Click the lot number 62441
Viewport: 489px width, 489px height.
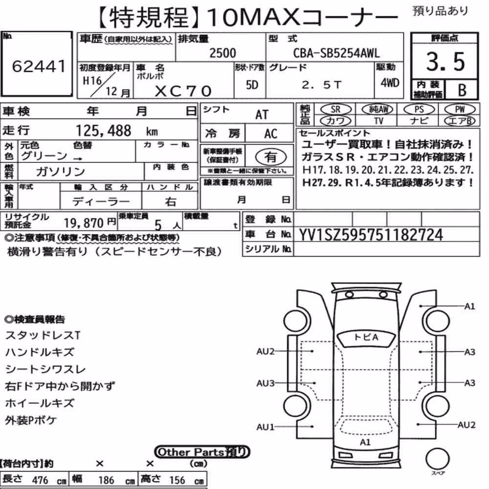[39, 66]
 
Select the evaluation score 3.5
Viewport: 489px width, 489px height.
[445, 62]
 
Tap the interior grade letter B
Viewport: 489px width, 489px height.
[462, 90]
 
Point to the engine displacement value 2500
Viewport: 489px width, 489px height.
[222, 53]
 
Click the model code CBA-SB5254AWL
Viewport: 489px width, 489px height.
[336, 53]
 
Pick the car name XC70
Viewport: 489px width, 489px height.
[183, 91]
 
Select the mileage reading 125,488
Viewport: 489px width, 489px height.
[104, 131]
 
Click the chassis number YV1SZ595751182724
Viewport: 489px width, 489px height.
[371, 235]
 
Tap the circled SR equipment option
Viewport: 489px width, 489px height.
[336, 109]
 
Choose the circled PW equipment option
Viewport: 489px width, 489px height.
[460, 109]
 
